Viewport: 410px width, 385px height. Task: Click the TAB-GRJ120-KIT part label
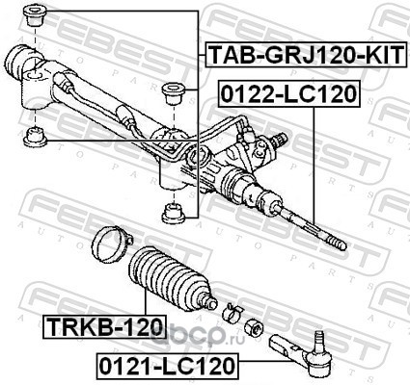coord(304,54)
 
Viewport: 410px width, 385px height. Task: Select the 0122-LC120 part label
coord(288,93)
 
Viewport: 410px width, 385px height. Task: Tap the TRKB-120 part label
coord(104,326)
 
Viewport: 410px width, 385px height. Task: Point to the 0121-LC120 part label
coord(167,366)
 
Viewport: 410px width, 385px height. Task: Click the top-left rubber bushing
coord(36,16)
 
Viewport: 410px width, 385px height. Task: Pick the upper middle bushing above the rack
coord(174,93)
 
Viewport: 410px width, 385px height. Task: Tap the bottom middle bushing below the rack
coord(174,213)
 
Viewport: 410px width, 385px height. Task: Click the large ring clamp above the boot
coord(111,244)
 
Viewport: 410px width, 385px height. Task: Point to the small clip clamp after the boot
coord(232,311)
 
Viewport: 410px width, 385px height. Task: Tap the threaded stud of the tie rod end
coord(318,341)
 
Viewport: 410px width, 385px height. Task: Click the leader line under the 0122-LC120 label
coord(314,167)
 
